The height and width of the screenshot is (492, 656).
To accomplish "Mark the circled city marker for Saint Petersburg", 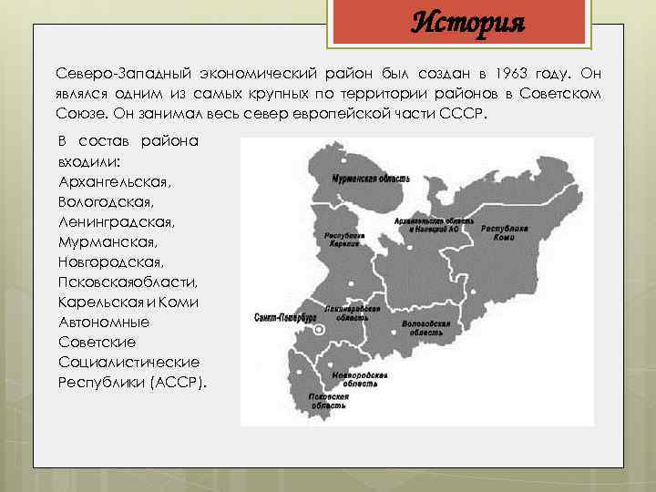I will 318,332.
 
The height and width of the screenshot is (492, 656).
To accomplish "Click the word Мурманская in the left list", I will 107,241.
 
